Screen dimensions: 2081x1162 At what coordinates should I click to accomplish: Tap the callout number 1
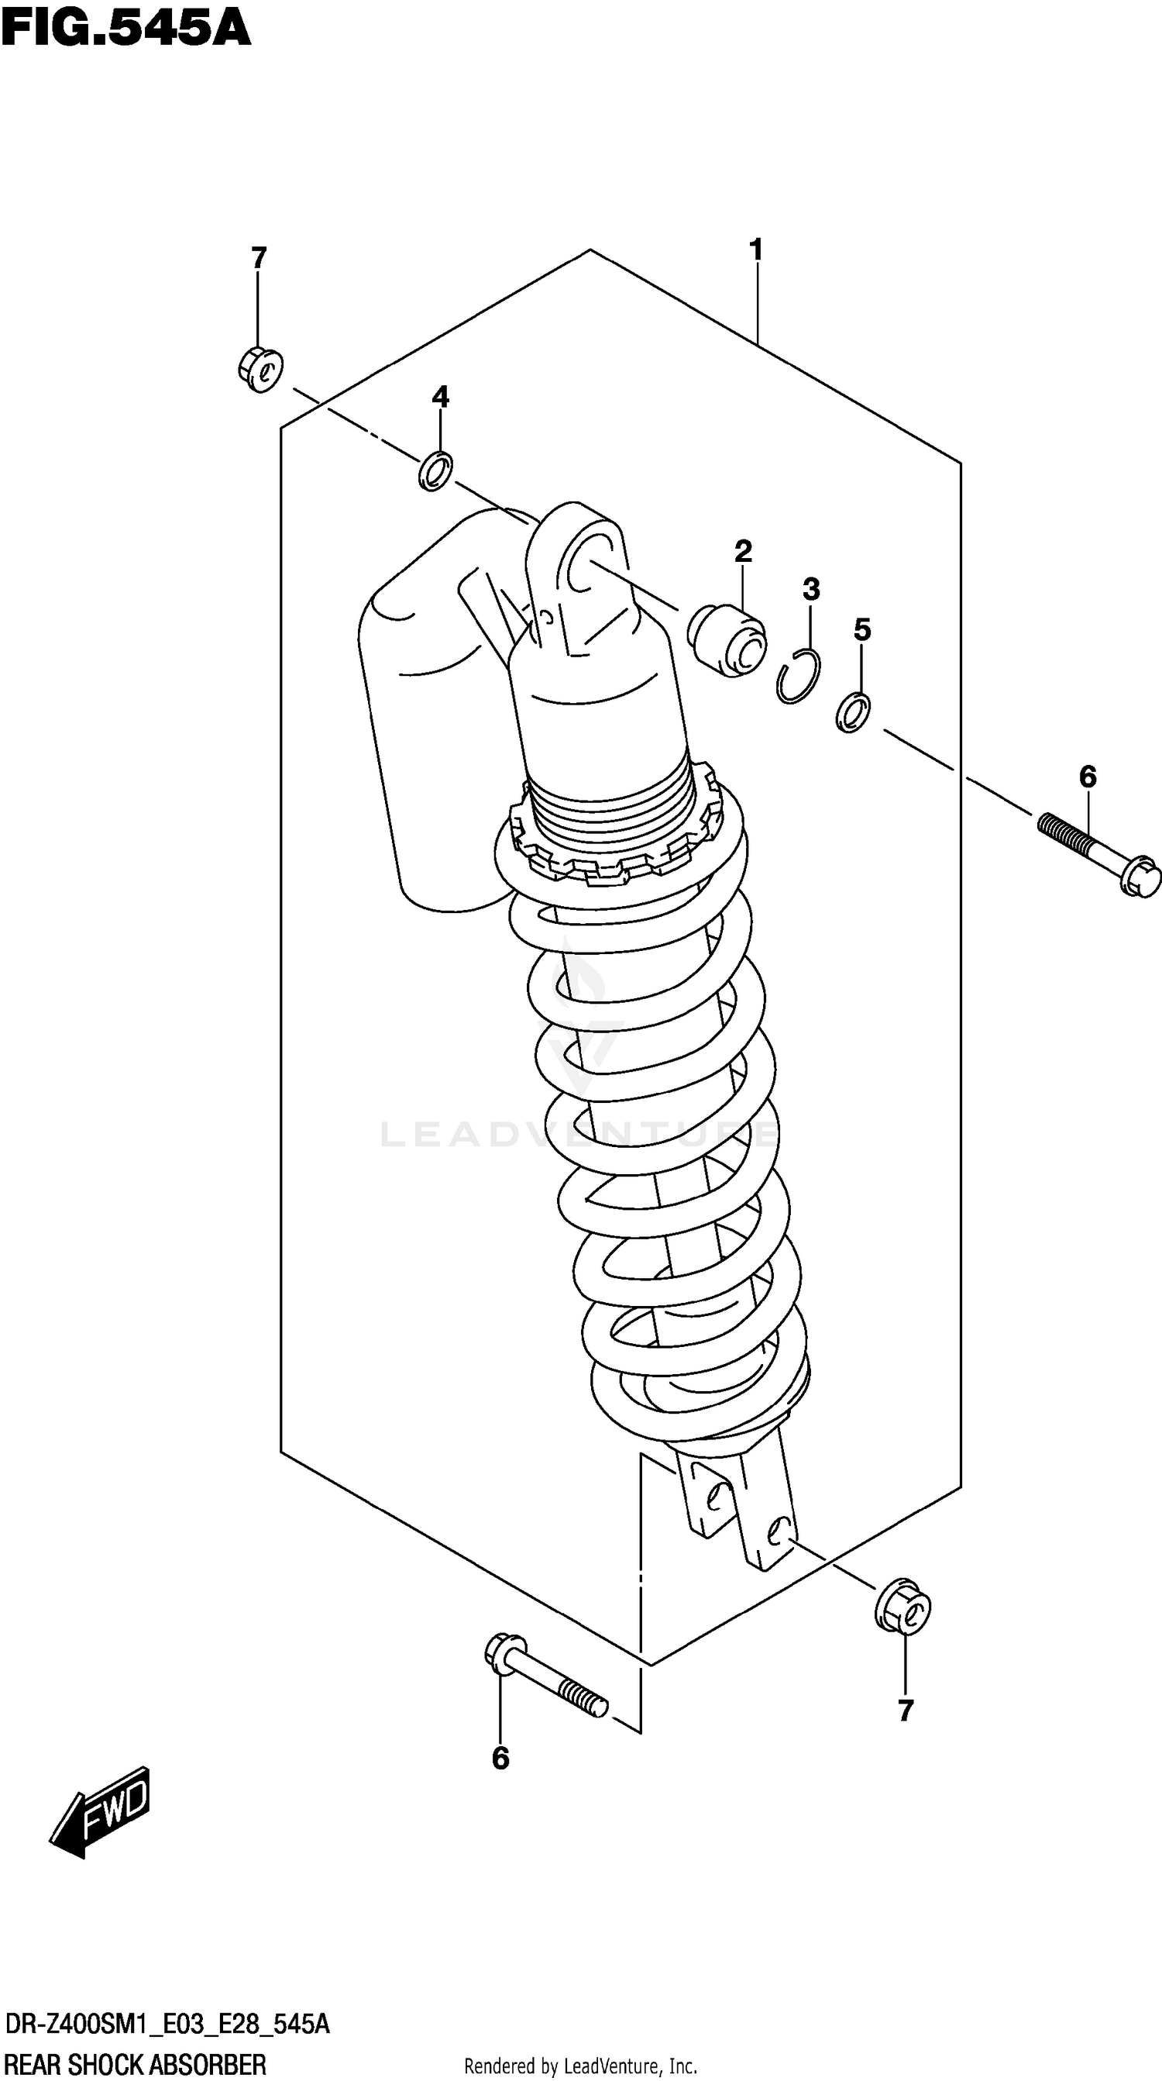pyautogui.click(x=756, y=250)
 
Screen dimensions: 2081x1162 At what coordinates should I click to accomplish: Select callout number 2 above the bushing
pyautogui.click(x=743, y=551)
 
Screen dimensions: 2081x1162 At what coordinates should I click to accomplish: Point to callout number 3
pyautogui.click(x=811, y=589)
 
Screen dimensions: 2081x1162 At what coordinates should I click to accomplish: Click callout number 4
pyautogui.click(x=440, y=397)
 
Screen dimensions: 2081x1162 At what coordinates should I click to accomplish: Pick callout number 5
pyautogui.click(x=862, y=629)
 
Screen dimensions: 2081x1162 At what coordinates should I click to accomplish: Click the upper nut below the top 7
pyautogui.click(x=260, y=369)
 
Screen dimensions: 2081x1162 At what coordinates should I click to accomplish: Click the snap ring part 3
pyautogui.click(x=798, y=674)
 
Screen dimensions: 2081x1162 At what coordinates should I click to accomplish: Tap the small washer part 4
pyautogui.click(x=435, y=471)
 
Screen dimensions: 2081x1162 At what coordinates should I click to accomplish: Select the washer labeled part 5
pyautogui.click(x=852, y=711)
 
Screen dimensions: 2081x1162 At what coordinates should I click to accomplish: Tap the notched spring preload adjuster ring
pyautogui.click(x=614, y=840)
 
